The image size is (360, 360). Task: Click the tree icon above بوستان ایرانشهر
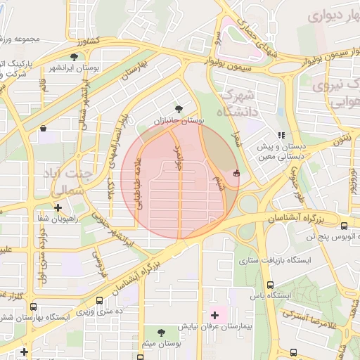[75, 57]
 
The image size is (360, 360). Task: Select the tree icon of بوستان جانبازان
[179, 109]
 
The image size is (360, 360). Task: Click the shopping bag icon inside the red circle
[236, 174]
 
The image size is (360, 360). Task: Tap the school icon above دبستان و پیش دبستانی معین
[281, 135]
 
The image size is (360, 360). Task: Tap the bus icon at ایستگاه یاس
[271, 285]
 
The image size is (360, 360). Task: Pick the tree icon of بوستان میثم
[162, 333]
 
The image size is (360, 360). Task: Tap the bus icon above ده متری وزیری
[98, 300]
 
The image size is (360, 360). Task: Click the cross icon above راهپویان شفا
[58, 207]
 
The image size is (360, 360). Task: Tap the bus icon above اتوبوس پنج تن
[344, 226]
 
